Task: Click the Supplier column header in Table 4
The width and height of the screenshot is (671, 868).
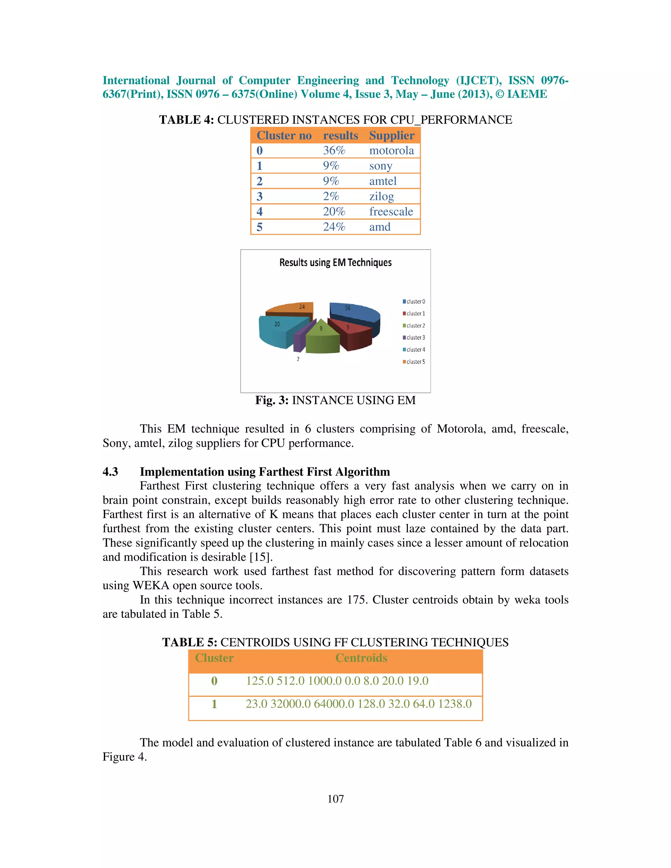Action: [x=392, y=136]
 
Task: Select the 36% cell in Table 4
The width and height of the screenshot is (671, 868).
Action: [x=334, y=151]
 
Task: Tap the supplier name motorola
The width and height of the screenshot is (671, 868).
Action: [x=392, y=151]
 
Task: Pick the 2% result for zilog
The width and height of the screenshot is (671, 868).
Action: [x=331, y=196]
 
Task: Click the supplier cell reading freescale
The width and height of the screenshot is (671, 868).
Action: [x=391, y=212]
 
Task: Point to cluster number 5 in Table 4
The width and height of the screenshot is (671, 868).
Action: [x=259, y=227]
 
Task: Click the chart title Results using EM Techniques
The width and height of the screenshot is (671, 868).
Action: [x=335, y=263]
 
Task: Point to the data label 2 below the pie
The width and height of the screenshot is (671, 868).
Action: [x=298, y=359]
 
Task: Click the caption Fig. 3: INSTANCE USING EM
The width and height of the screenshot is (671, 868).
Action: [x=335, y=400]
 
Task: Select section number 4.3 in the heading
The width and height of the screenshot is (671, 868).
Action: [x=110, y=472]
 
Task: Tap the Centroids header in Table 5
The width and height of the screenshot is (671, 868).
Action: [x=361, y=658]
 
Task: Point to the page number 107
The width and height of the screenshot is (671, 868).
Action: [x=335, y=799]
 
